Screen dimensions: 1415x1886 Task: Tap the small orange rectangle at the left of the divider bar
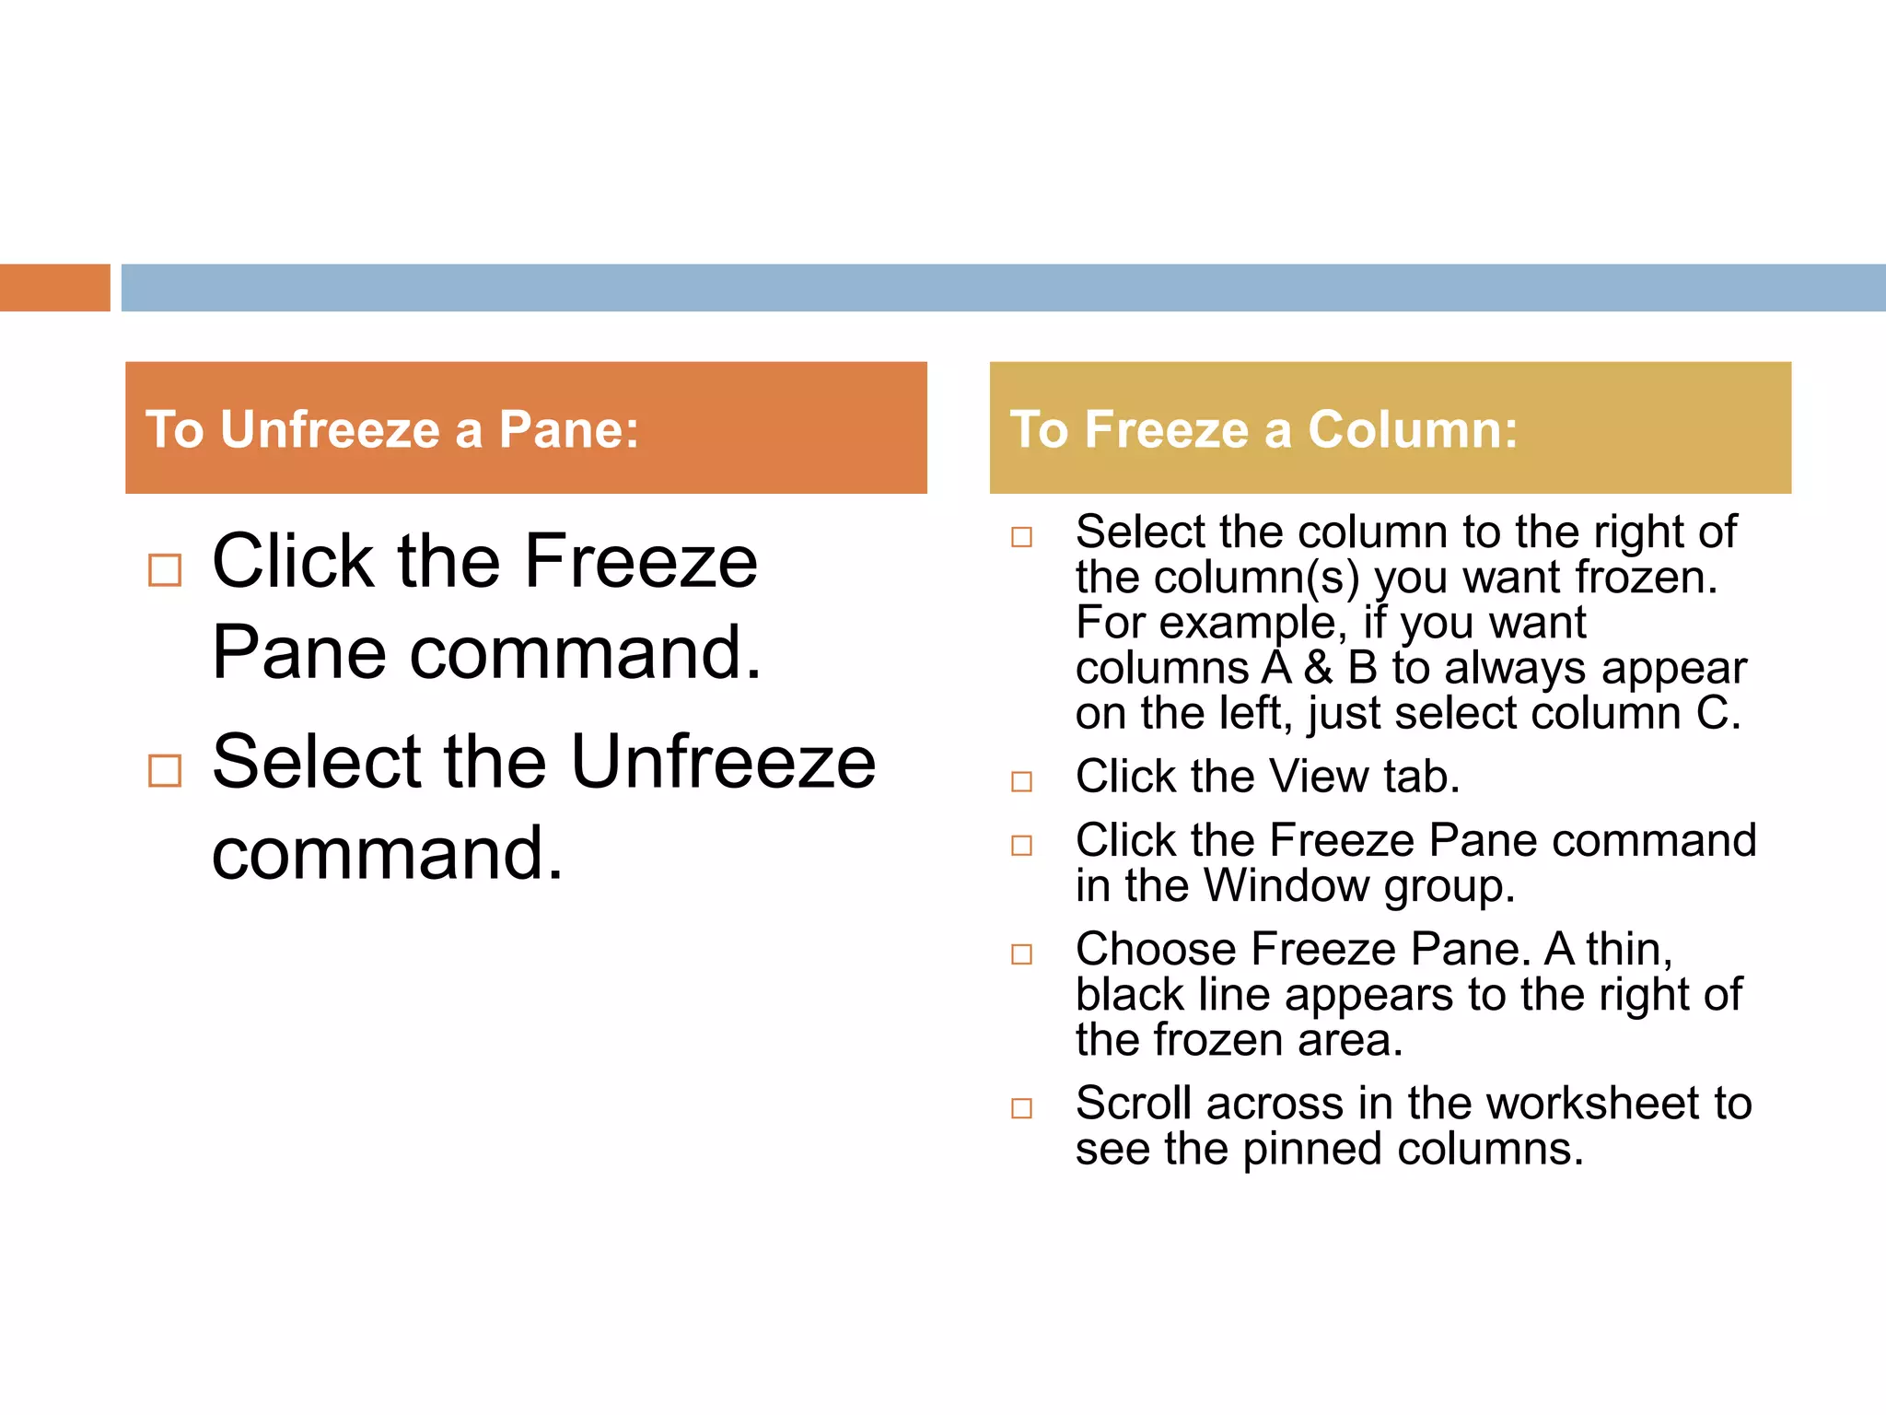[x=54, y=287]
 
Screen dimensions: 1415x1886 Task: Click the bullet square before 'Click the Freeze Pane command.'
[x=165, y=570]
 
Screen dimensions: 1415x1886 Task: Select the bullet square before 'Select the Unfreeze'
[x=165, y=770]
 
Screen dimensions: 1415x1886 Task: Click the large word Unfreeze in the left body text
[x=723, y=763]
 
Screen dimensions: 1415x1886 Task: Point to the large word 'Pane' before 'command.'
[x=298, y=653]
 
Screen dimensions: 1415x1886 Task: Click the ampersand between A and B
[x=1319, y=668]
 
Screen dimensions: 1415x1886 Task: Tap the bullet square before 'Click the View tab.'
[x=1021, y=782]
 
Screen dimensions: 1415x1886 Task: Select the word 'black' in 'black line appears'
[x=1129, y=995]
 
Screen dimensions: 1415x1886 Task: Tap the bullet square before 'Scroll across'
[x=1021, y=1108]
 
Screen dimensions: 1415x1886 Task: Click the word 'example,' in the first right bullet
[x=1253, y=623]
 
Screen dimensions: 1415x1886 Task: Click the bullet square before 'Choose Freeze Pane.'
[x=1021, y=954]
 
